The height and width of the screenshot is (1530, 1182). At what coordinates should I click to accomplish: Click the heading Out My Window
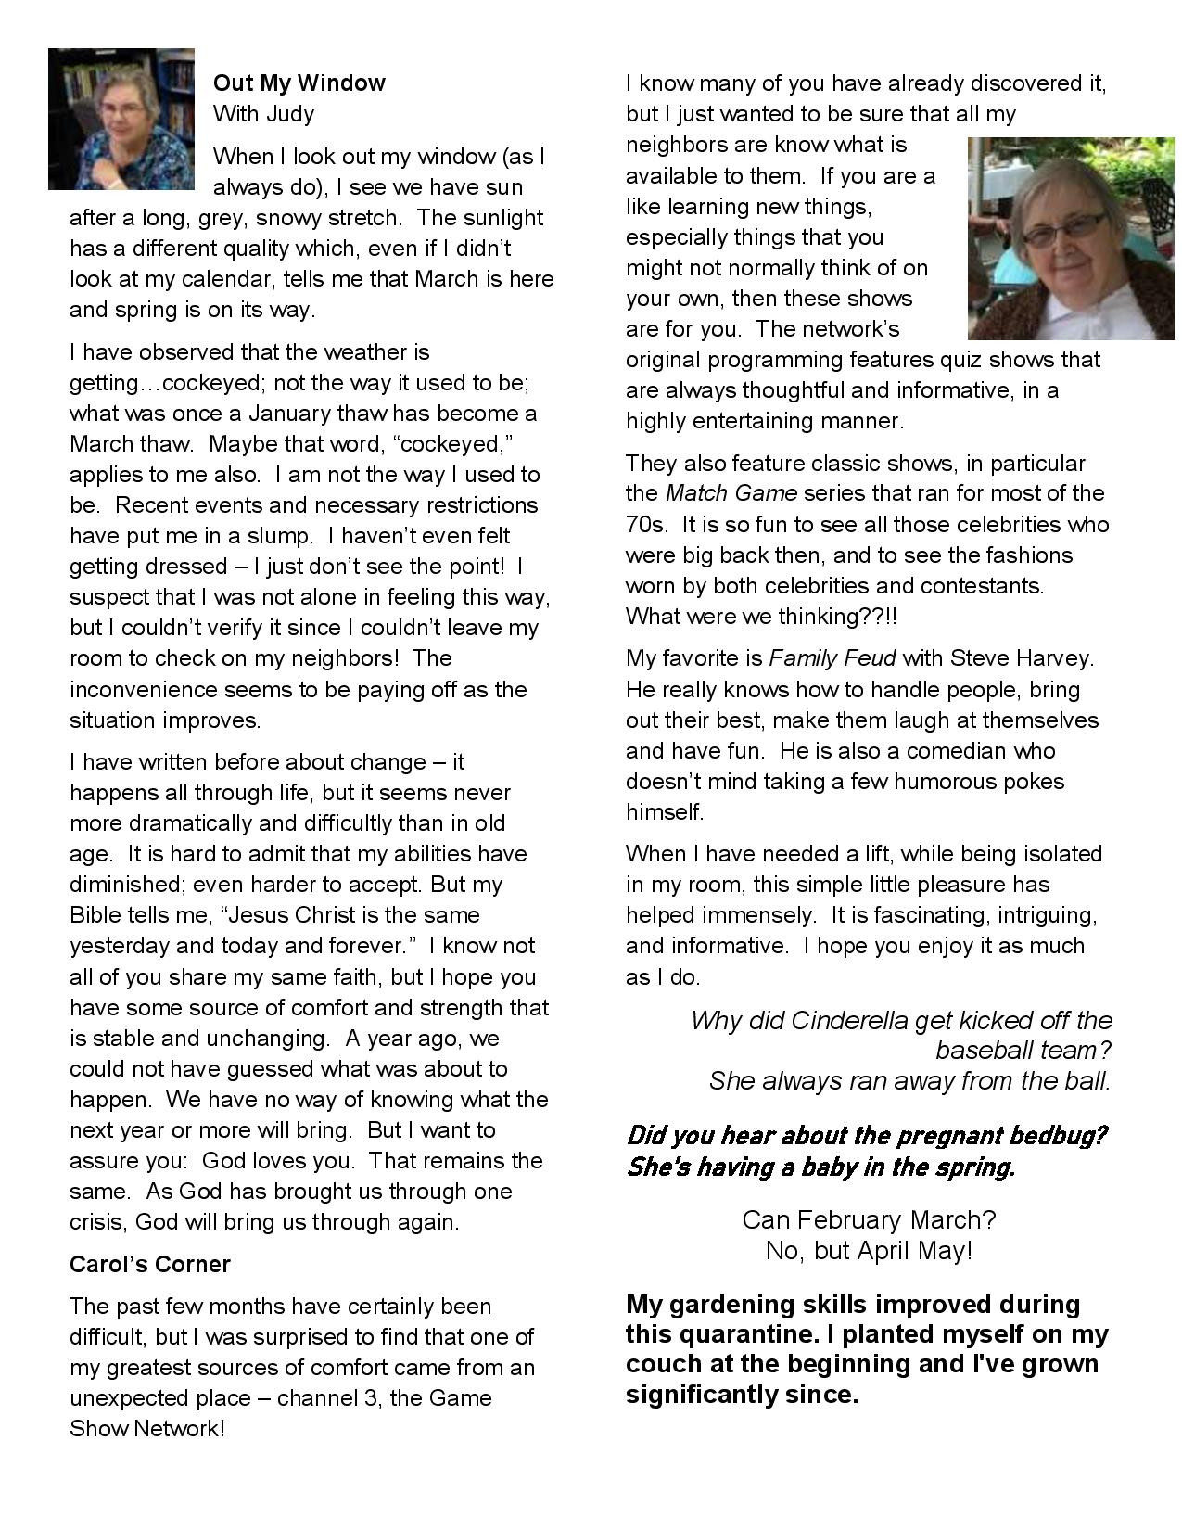[299, 83]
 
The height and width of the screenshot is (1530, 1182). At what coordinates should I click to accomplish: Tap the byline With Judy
[263, 114]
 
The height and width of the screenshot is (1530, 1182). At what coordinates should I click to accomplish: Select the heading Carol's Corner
[150, 1265]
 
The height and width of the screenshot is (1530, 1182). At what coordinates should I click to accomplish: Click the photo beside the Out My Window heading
[121, 119]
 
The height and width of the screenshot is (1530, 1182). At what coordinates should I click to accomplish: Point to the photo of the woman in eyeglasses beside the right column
[1070, 238]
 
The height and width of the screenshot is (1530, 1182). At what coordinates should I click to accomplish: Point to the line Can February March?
[869, 1220]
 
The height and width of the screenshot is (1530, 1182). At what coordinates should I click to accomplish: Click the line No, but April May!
[869, 1251]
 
